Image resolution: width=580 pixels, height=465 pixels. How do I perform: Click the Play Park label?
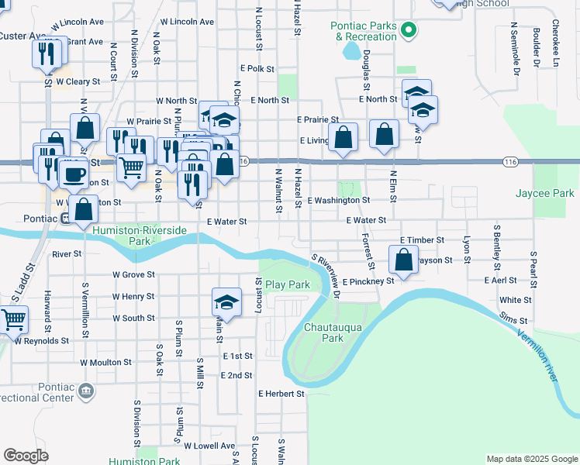pos(288,284)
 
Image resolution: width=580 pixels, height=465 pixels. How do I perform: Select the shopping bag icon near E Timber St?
pos(403,260)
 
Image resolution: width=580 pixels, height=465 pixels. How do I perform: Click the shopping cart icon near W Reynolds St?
pos(13,319)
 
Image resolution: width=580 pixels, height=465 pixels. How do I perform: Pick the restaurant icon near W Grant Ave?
pos(46,53)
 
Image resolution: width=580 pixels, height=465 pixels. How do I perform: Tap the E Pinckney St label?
pos(368,281)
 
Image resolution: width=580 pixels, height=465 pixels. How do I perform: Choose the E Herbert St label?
pos(281,394)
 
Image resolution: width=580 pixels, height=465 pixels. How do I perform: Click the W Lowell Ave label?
pos(209,446)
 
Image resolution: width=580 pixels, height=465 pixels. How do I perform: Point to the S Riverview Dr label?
pos(326,275)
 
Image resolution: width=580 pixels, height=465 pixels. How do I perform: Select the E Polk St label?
pos(257,69)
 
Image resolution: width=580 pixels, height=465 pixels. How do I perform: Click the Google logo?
pos(26,455)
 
